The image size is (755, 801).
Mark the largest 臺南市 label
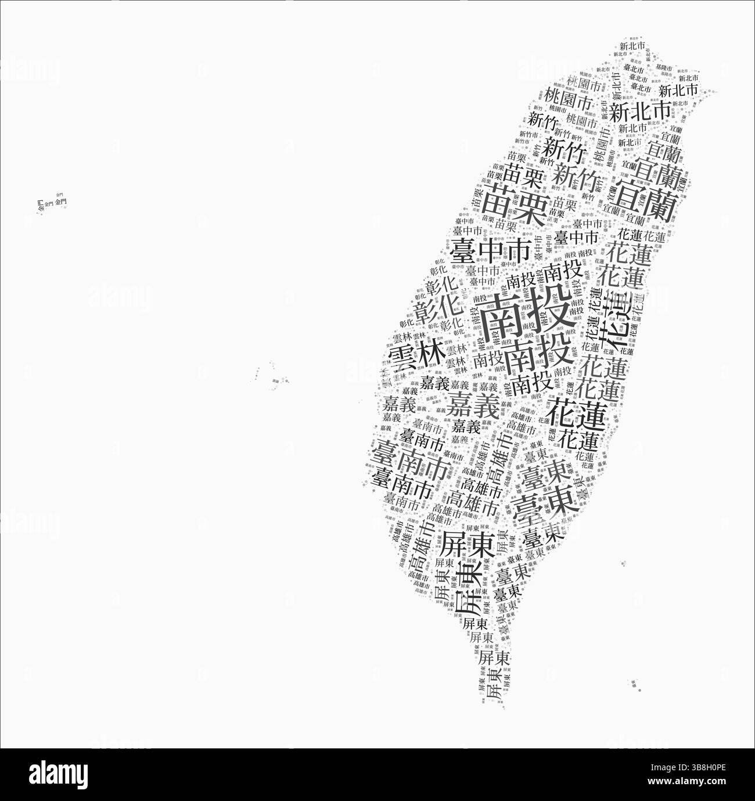click(x=411, y=458)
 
